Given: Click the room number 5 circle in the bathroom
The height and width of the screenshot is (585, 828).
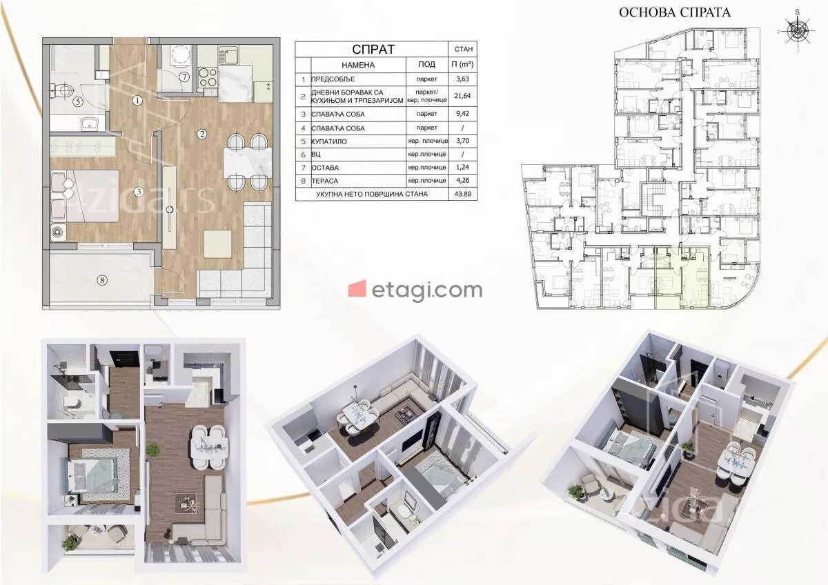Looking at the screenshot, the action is click(77, 101).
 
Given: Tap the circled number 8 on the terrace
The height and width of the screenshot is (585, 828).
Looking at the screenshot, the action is click(102, 281).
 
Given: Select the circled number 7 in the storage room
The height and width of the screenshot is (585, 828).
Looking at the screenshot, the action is click(184, 77).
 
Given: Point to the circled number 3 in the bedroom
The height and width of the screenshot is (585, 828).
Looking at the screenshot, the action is click(139, 192).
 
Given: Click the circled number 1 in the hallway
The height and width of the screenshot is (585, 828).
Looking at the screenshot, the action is click(137, 100).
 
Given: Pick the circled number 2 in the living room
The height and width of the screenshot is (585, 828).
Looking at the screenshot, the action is click(201, 134).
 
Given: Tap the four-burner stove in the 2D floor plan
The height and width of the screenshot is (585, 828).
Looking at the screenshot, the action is click(208, 77).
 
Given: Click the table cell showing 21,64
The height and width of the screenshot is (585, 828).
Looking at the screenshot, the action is click(462, 96).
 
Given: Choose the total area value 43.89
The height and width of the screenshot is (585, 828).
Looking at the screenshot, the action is click(463, 194).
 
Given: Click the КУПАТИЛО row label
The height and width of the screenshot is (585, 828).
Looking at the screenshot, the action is click(329, 141).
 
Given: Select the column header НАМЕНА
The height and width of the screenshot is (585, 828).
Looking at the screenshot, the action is click(358, 66).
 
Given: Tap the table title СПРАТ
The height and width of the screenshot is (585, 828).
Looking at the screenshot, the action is click(373, 49).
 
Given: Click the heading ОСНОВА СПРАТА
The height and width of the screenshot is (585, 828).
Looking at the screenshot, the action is click(675, 12).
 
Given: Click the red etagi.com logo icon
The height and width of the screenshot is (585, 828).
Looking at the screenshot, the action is click(357, 288).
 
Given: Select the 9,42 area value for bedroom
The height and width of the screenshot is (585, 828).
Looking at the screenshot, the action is click(462, 114).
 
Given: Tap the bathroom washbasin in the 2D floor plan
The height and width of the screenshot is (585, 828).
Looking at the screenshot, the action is click(89, 123).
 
